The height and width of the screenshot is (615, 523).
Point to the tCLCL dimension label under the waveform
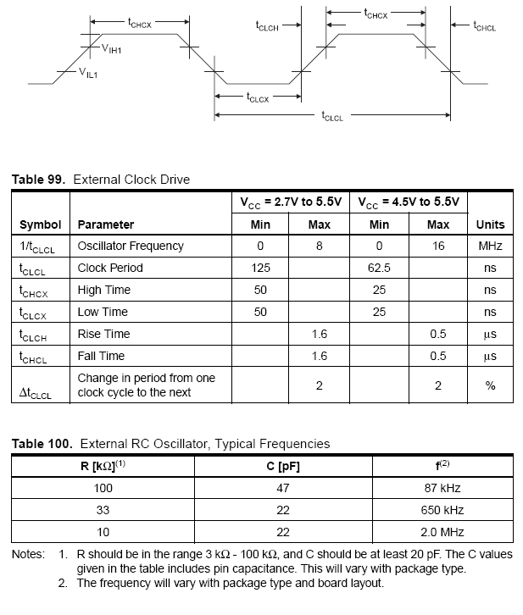(332, 117)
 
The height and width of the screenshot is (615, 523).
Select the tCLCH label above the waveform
(267, 26)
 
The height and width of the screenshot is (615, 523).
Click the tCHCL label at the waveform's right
(485, 26)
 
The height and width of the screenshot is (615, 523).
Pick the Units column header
(490, 224)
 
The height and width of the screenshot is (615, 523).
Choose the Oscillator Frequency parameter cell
(131, 247)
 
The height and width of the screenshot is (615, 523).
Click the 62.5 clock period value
(379, 269)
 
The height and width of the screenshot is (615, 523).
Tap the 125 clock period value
(260, 269)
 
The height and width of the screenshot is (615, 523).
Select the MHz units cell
(490, 247)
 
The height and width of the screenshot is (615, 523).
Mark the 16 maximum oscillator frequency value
(438, 247)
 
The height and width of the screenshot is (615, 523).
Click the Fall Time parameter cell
(101, 357)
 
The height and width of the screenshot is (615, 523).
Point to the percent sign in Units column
(490, 385)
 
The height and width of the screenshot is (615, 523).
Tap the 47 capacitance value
(283, 489)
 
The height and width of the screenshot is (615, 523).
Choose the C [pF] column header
(283, 467)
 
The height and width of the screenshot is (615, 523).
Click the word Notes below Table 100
(27, 555)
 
